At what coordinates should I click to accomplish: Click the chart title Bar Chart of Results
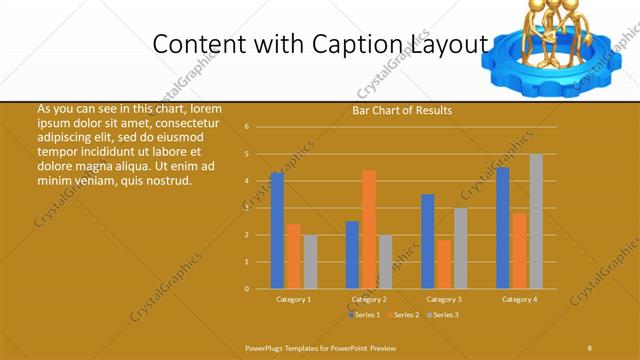click(401, 110)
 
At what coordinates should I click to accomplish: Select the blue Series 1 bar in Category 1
click(277, 230)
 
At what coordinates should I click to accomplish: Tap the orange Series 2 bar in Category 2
click(369, 229)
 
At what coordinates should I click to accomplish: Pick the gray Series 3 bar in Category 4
click(536, 221)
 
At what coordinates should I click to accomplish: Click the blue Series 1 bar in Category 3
click(428, 241)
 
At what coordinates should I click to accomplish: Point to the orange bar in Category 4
click(520, 250)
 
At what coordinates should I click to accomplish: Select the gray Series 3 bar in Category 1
click(310, 261)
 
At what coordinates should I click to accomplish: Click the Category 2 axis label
click(369, 299)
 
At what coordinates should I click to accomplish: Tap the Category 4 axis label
click(520, 299)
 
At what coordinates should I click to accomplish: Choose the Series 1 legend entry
click(364, 315)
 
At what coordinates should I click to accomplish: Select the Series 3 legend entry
click(442, 315)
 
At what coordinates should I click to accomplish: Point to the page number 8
click(589, 347)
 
